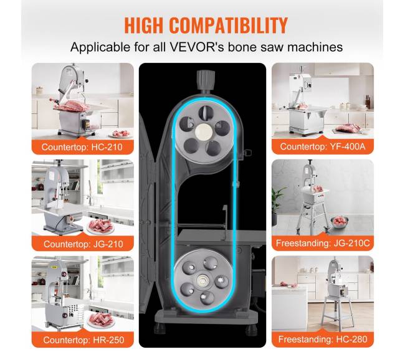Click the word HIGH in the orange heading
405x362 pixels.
(x=144, y=26)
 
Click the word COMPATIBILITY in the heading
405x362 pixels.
(x=229, y=26)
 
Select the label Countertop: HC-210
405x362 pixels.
(x=82, y=147)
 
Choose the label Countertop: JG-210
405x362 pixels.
(x=83, y=244)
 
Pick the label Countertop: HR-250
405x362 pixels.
(x=83, y=340)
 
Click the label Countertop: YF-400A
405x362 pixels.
(x=323, y=146)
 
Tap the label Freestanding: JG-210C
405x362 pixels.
(x=323, y=243)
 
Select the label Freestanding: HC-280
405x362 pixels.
(x=323, y=339)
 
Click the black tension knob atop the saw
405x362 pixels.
(x=206, y=80)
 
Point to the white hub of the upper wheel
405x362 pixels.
(x=204, y=131)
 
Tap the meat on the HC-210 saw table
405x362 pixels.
(x=73, y=106)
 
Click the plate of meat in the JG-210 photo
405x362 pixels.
(x=101, y=227)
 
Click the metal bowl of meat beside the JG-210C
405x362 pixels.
(x=340, y=222)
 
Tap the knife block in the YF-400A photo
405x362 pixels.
(x=368, y=102)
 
